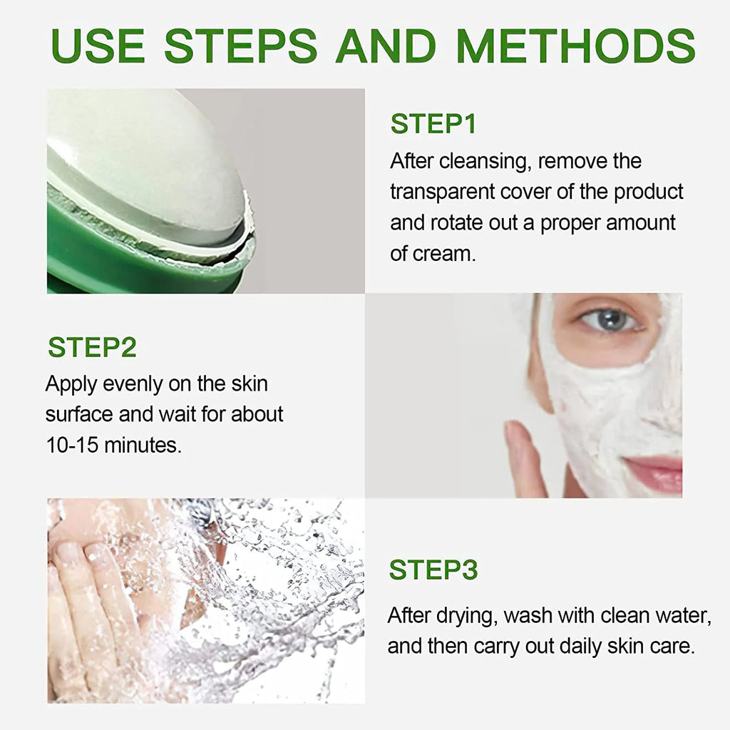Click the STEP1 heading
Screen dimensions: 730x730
point(433,124)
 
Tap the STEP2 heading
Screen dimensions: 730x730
point(92,347)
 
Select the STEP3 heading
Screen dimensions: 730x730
point(433,570)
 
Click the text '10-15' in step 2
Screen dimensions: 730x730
point(72,445)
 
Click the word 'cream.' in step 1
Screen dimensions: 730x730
point(443,254)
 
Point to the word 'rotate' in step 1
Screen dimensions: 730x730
point(455,222)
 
